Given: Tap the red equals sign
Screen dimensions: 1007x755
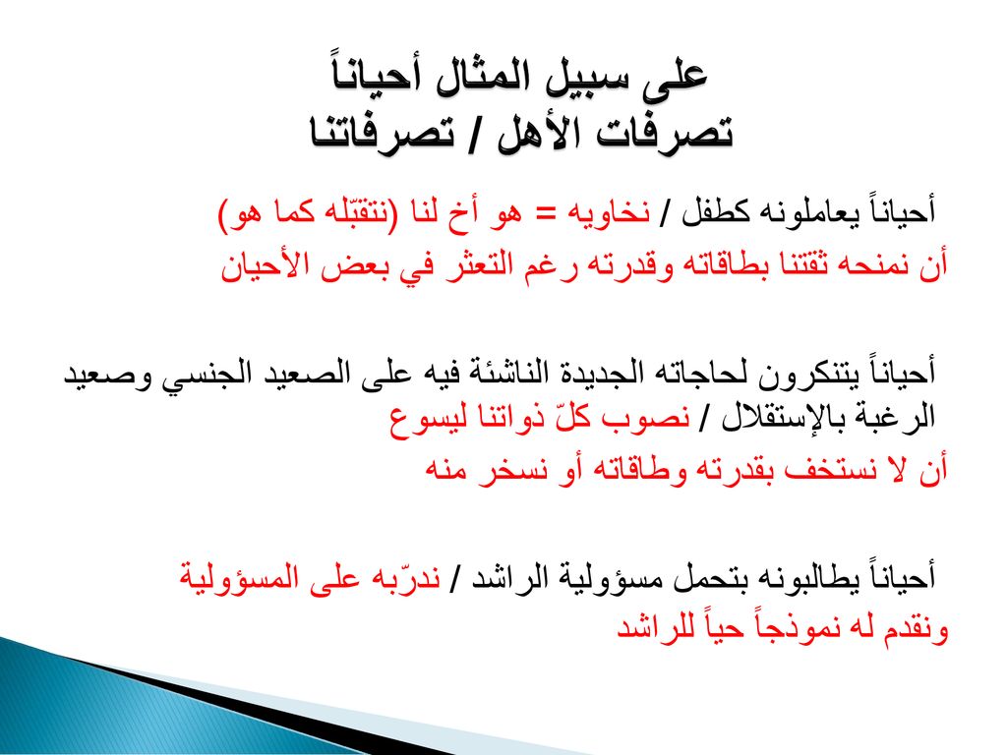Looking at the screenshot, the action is pos(545,213).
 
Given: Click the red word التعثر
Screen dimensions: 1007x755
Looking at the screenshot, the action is pos(478,264).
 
